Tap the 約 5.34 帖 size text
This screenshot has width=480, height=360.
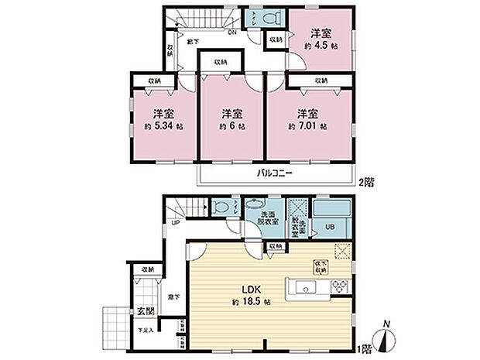(163, 125)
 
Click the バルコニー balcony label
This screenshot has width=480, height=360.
(274, 174)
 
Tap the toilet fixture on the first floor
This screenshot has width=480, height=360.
(221, 208)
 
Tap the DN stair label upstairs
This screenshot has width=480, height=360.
(231, 33)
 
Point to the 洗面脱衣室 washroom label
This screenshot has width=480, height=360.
(268, 219)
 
